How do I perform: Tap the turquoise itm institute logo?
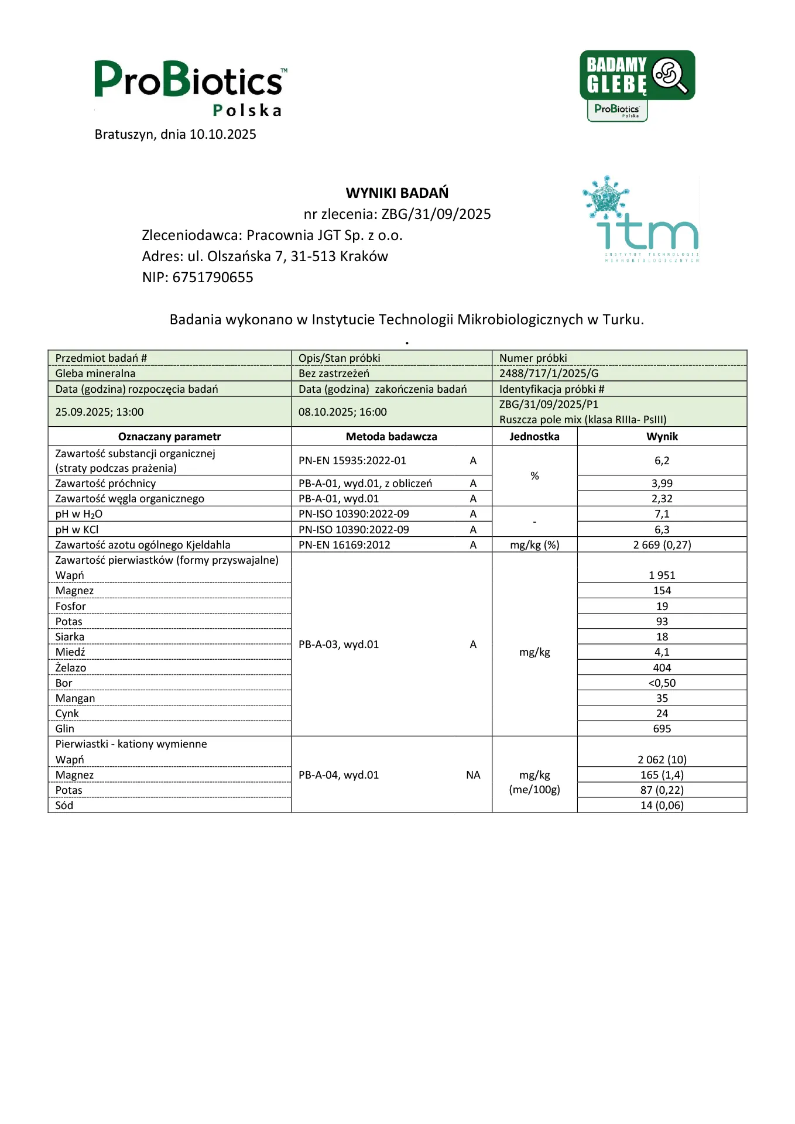pos(642,220)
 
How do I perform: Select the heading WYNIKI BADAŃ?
pos(397,193)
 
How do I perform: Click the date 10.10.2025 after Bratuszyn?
pos(223,135)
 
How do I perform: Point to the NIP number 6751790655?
pos(213,277)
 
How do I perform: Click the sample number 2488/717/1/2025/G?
pos(549,373)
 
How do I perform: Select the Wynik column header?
pos(662,437)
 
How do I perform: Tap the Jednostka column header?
pos(534,437)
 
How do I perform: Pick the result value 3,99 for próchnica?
pos(662,484)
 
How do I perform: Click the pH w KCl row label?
pos(77,530)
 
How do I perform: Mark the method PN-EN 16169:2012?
pos(344,545)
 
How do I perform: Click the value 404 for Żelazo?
pos(662,668)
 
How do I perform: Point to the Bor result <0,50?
pos(662,683)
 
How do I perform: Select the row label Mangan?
pos(75,698)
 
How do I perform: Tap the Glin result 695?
pos(662,729)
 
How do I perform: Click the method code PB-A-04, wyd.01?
pos(338,775)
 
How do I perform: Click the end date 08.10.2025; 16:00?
pos(342,412)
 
